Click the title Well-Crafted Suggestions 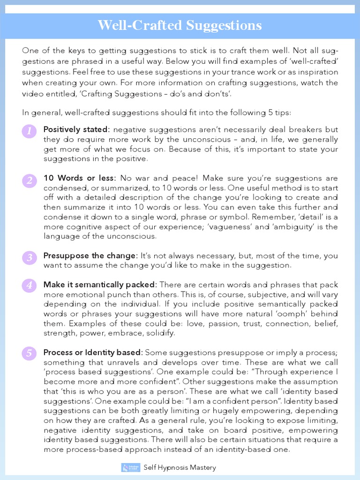pyautogui.click(x=180, y=25)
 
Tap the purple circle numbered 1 pyautogui.click(x=29, y=131)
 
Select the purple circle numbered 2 pyautogui.click(x=29, y=180)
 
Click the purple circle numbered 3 pyautogui.click(x=29, y=257)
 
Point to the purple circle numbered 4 pyautogui.click(x=29, y=285)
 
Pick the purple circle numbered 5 pyautogui.click(x=29, y=353)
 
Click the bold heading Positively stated pyautogui.click(x=76, y=129)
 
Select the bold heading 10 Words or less pyautogui.click(x=79, y=178)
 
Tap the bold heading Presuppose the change pyautogui.click(x=90, y=255)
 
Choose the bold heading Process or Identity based pyautogui.click(x=93, y=352)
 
